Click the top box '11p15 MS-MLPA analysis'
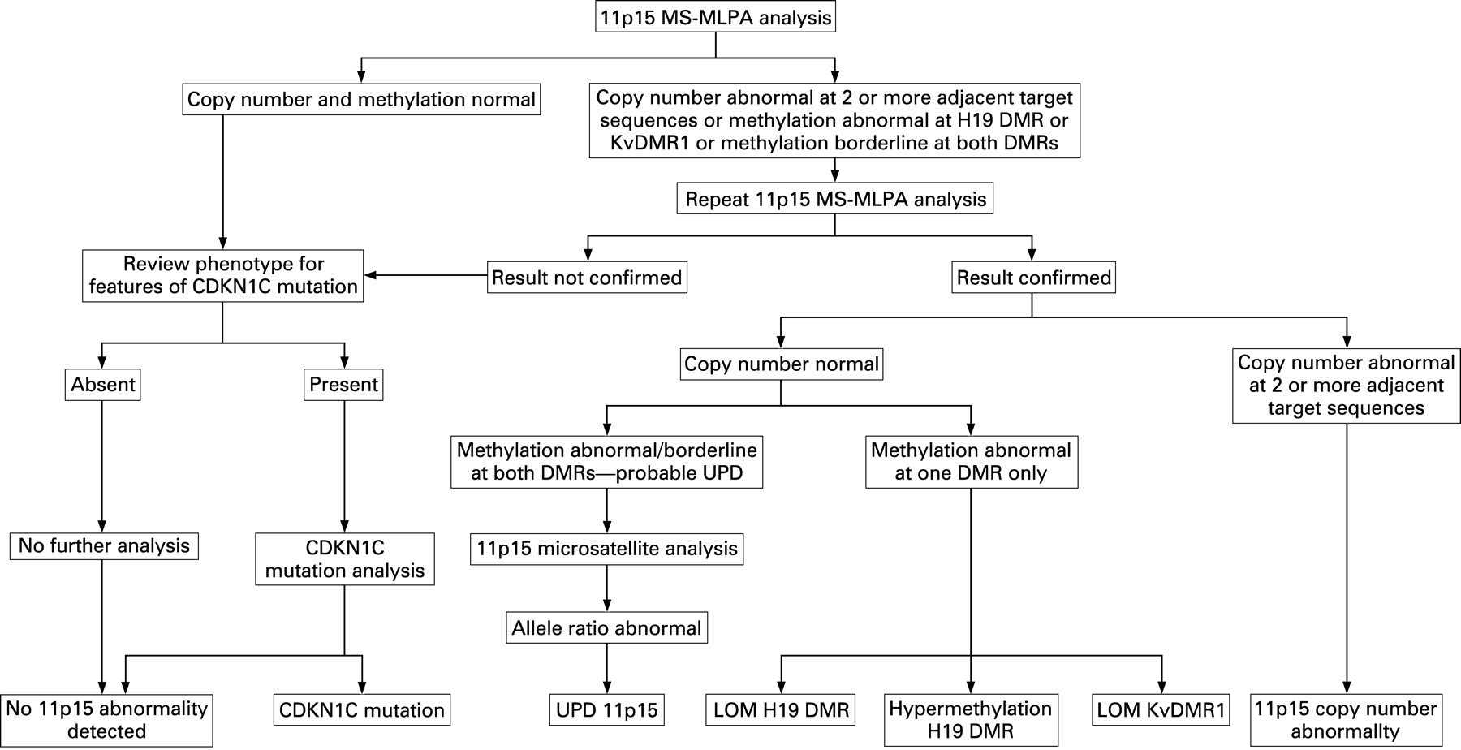pyautogui.click(x=715, y=18)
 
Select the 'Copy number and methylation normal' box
pyautogui.click(x=361, y=99)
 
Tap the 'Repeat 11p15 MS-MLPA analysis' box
pyautogui.click(x=835, y=199)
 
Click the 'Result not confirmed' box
pyautogui.click(x=587, y=278)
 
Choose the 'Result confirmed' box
pyautogui.click(x=1033, y=278)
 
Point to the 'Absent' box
pyautogui.click(x=102, y=385)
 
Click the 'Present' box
pyautogui.click(x=344, y=385)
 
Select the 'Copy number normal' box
pyautogui.click(x=781, y=364)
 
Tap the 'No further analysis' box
pyautogui.click(x=104, y=545)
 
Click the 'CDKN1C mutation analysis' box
pyautogui.click(x=345, y=559)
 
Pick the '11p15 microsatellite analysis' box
pyautogui.click(x=607, y=549)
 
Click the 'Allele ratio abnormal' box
pyautogui.click(x=607, y=628)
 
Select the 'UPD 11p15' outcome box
pyautogui.click(x=607, y=710)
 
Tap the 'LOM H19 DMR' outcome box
pyautogui.click(x=781, y=710)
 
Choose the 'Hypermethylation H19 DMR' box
pyautogui.click(x=971, y=720)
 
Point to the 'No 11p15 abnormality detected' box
pyautogui.click(x=106, y=720)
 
